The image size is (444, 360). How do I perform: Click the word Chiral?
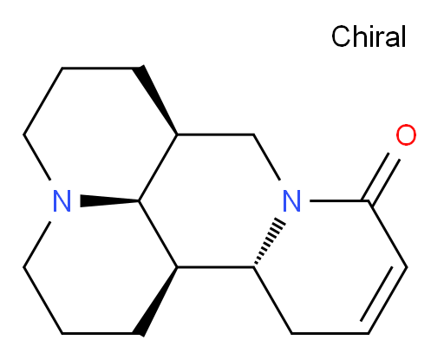coord(369,36)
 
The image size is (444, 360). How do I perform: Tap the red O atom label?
coord(406,134)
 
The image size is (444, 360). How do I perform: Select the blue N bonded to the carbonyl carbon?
coord(291,201)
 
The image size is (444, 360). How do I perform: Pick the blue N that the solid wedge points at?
coord(62,201)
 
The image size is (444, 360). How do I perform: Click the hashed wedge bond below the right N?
coord(270,242)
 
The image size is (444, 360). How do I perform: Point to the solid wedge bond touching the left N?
coord(109,200)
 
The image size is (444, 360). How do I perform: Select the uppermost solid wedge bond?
coord(155,100)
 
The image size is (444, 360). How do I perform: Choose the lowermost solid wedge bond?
coord(155,301)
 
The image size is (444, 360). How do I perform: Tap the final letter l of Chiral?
coord(404,36)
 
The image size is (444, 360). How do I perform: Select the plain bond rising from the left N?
coord(37,157)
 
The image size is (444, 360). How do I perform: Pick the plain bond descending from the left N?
coord(37,245)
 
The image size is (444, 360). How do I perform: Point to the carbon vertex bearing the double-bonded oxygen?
coord(369,200)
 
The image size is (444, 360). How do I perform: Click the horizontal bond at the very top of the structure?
coord(97,69)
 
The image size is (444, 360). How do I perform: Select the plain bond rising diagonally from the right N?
coord(266,157)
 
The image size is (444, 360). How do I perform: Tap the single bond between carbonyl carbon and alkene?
coord(388,234)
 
